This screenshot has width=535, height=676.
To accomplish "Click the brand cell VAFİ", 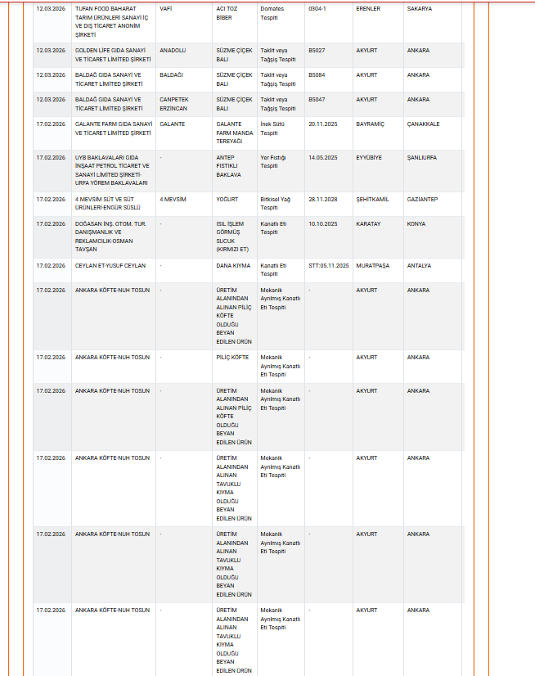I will (x=165, y=8).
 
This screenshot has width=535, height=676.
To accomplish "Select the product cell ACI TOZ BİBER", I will (x=226, y=12).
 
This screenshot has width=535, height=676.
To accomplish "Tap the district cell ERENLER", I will (x=368, y=8).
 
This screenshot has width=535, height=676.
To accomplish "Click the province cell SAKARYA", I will (x=420, y=8).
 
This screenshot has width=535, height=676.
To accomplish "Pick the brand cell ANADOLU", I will (x=173, y=50).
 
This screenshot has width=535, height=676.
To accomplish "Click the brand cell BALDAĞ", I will (x=171, y=74).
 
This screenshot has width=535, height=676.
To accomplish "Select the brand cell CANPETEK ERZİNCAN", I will (x=174, y=103).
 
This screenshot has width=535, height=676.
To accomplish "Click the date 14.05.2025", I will (x=323, y=157).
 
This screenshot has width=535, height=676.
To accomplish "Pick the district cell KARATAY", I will (x=368, y=223).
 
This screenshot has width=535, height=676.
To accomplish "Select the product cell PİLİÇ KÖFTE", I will (x=232, y=357).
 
